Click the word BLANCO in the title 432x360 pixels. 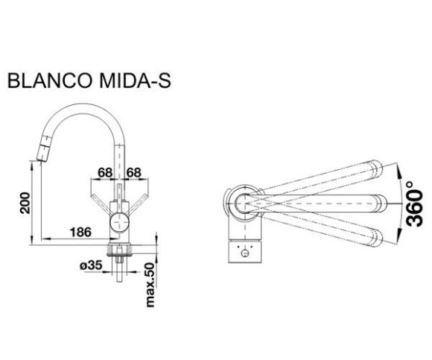tap(50, 80)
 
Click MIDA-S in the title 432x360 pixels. tap(135, 80)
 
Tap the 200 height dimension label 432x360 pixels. tap(25, 203)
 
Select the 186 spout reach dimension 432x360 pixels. tap(80, 232)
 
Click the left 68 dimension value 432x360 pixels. tap(105, 173)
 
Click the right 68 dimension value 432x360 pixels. tap(133, 173)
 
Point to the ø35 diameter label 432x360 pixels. tap(91, 265)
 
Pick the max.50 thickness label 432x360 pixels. tap(150, 285)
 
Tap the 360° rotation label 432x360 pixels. tap(415, 204)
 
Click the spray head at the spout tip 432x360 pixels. tap(43, 148)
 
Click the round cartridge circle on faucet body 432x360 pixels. tap(119, 221)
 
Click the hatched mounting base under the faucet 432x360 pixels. tap(119, 250)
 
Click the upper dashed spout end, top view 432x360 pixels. tap(376, 168)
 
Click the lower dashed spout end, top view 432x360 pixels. tap(376, 239)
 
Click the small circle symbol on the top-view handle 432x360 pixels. tap(244, 253)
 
